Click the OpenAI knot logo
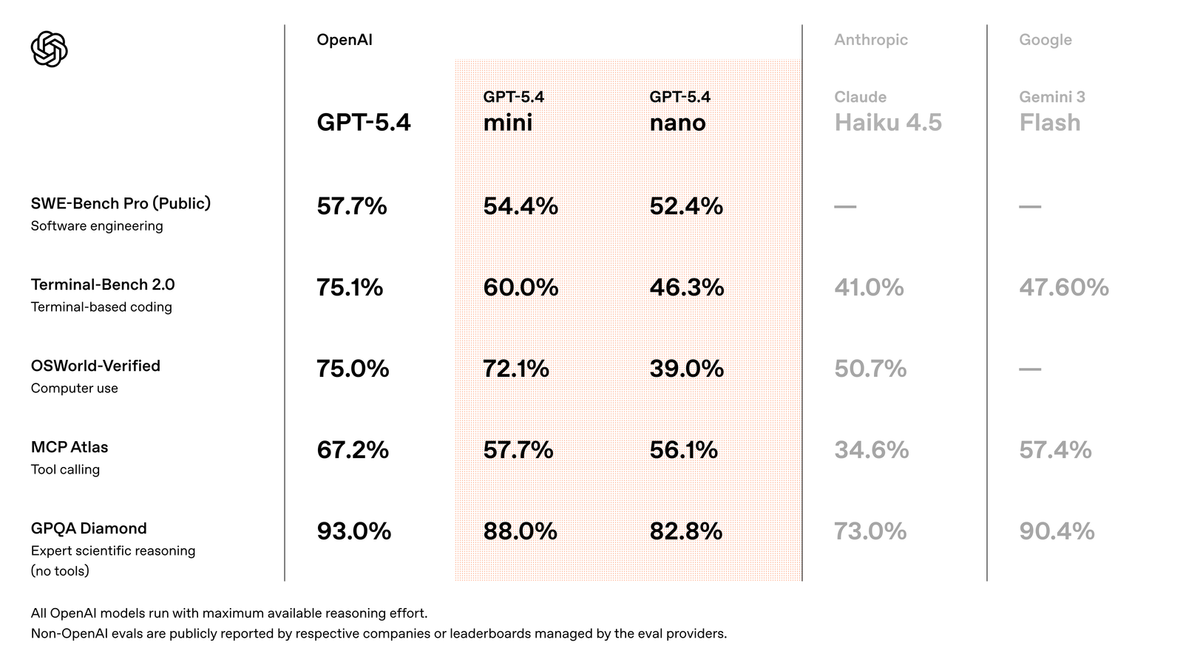point(49,50)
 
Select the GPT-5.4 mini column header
point(513,112)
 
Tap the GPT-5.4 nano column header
point(679,112)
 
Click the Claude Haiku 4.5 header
point(887,112)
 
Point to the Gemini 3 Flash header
point(1051,112)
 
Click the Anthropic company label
point(870,40)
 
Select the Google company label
point(1045,40)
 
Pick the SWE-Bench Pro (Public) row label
point(121,203)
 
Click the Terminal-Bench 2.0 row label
point(103,284)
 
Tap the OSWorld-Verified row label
point(95,366)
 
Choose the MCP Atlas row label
point(70,447)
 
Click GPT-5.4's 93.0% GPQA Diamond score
point(353,531)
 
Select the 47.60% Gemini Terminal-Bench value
point(1063,287)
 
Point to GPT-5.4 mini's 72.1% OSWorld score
point(515,368)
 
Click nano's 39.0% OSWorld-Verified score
point(686,368)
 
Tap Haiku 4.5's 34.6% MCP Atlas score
point(871,449)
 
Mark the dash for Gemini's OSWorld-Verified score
point(1029,369)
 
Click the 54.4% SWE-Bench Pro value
point(520,205)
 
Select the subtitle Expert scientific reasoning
point(113,550)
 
